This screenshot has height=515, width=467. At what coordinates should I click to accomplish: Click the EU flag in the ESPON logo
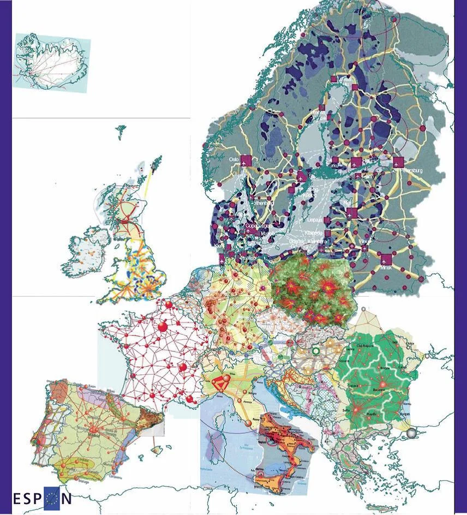pos(51,497)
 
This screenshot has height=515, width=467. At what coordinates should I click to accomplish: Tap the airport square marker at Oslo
pos(246,160)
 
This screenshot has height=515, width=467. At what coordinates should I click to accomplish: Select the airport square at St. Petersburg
pos(398,162)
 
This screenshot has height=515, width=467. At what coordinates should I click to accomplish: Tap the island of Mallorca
pos(158,450)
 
